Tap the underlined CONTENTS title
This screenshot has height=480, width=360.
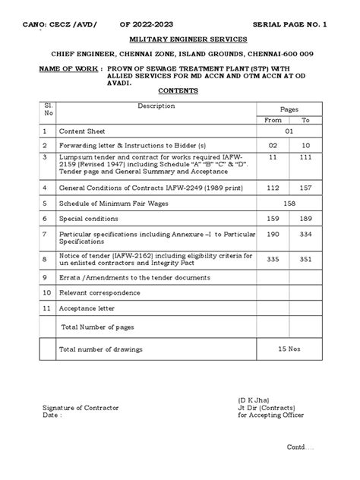[179, 90]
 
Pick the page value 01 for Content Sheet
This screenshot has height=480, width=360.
[289, 131]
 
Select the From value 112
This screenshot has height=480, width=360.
[272, 186]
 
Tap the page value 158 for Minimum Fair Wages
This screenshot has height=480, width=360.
[289, 204]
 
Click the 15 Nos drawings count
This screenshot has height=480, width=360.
[289, 349]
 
